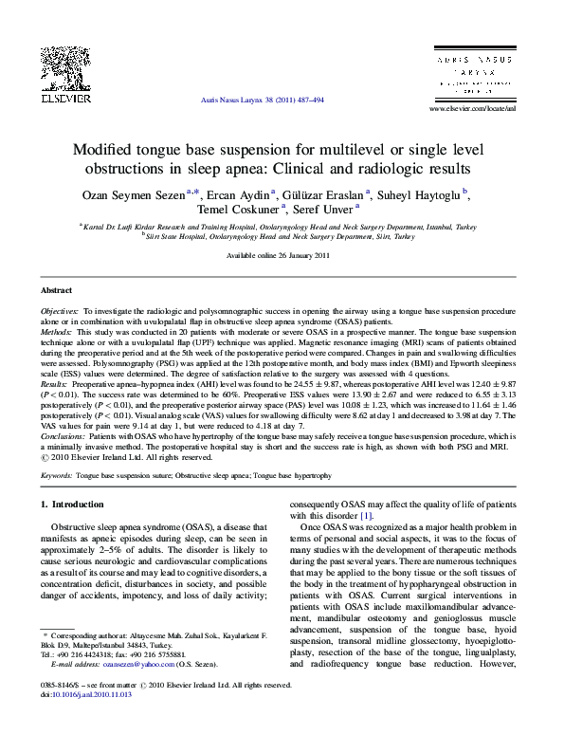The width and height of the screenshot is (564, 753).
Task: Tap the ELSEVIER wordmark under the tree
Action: (64, 97)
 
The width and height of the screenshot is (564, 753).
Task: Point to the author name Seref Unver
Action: (323, 210)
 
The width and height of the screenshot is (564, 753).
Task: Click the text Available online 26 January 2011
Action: (281, 257)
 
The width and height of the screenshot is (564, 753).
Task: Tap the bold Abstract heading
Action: (58, 289)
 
